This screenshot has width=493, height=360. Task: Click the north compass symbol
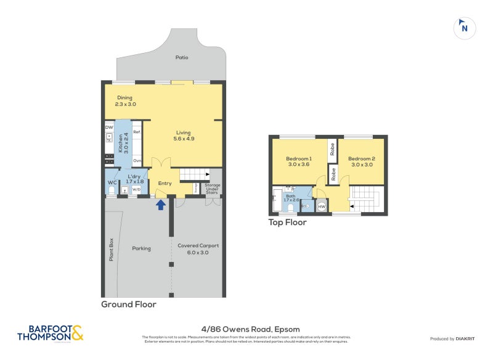[x=465, y=27]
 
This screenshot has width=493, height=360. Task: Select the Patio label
[x=181, y=57]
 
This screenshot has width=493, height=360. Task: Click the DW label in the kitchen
[x=109, y=128]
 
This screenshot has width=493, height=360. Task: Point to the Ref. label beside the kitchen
[x=137, y=132]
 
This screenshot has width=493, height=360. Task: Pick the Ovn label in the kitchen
[x=137, y=160]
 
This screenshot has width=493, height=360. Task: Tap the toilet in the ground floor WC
[x=112, y=190]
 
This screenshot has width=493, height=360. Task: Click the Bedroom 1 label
[x=299, y=162]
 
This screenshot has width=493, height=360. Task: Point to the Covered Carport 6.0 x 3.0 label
[x=198, y=248]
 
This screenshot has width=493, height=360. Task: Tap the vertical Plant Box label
[x=112, y=249]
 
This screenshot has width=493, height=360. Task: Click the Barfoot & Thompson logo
[x=49, y=333]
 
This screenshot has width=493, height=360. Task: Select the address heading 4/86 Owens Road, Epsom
[x=246, y=329]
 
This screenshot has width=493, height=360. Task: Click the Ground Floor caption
[x=129, y=305]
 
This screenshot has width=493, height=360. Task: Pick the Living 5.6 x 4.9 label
[x=183, y=136]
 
